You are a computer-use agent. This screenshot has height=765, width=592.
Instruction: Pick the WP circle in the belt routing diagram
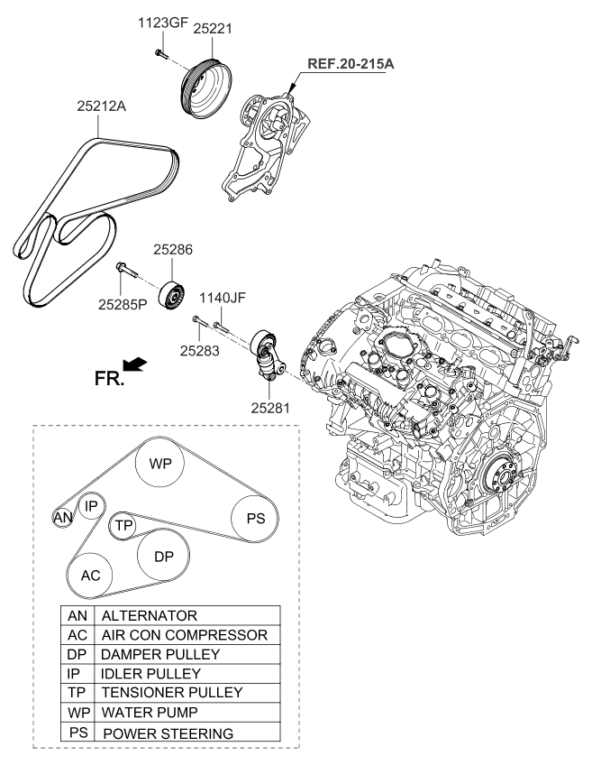(160, 464)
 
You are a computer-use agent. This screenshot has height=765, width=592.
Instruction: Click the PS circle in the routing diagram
(254, 519)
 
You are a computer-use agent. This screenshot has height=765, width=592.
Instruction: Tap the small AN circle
(62, 518)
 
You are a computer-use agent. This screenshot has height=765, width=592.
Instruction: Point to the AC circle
(90, 574)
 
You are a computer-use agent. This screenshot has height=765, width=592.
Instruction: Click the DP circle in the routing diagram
(163, 557)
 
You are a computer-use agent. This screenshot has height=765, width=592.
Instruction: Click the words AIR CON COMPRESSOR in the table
(184, 635)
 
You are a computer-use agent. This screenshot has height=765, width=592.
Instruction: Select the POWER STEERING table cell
(169, 733)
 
